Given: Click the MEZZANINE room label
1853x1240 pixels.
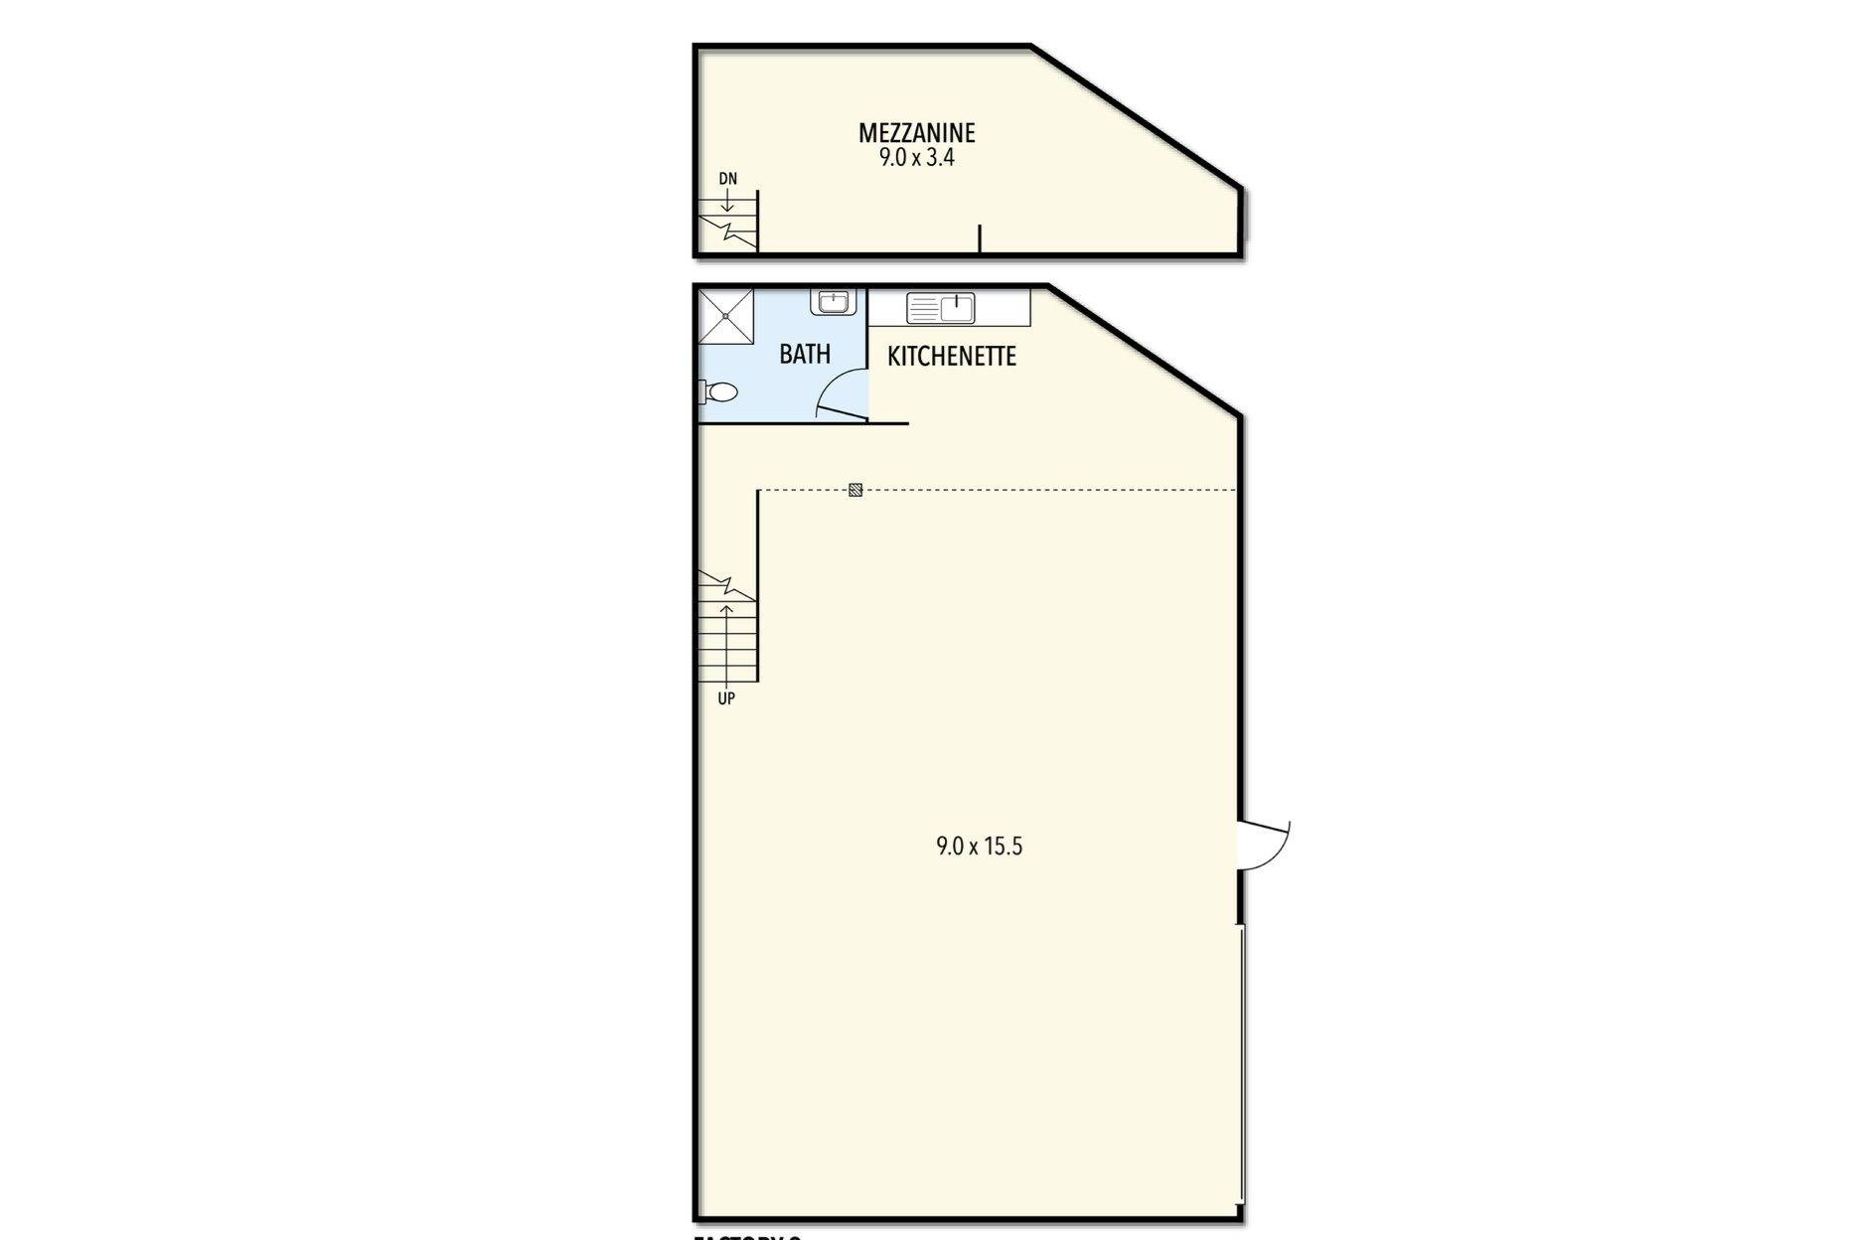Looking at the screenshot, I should [916, 132].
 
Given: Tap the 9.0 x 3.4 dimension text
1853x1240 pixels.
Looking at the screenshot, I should [916, 157].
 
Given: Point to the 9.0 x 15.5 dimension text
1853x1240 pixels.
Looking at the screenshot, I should [979, 847].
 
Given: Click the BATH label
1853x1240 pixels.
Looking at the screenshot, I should [804, 354].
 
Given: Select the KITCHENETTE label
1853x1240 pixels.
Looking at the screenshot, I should [951, 356].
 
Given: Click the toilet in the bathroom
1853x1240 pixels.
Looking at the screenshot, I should [720, 392].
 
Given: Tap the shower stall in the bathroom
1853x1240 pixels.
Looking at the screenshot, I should [726, 316].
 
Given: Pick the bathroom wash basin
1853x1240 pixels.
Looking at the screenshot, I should [833, 301].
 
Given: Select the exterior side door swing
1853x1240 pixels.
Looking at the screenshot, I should [1264, 846].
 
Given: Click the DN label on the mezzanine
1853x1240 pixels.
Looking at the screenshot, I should [728, 179].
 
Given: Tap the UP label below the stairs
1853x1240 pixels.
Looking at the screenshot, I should [726, 698].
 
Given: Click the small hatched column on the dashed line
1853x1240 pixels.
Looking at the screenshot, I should [855, 490].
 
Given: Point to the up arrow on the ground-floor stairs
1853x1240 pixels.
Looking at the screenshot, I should [726, 636].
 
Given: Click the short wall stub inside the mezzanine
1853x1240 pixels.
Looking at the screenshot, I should [980, 238].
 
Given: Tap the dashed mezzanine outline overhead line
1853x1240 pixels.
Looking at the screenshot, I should [1043, 490].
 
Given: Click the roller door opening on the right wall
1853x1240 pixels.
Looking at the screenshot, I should [1242, 1063].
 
